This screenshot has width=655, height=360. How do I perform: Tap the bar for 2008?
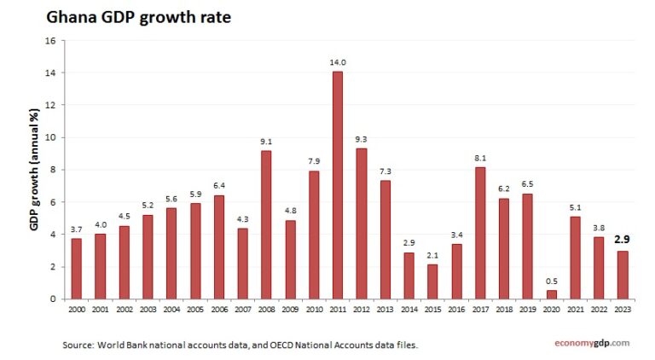(266, 224)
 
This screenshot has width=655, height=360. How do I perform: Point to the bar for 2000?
(77, 269)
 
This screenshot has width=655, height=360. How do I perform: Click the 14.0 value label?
(338, 62)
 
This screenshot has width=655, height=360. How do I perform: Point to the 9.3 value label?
(362, 138)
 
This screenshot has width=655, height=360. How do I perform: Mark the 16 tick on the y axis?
(49, 41)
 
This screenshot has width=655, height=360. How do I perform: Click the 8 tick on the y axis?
(52, 170)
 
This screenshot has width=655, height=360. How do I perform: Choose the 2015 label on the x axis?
(432, 309)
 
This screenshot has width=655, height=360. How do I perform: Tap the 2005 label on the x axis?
(195, 309)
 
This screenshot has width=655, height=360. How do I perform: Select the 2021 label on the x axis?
(575, 309)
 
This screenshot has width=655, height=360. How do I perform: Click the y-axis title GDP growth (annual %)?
(35, 170)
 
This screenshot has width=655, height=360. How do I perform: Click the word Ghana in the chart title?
(72, 16)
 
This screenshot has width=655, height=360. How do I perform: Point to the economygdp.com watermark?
(588, 343)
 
